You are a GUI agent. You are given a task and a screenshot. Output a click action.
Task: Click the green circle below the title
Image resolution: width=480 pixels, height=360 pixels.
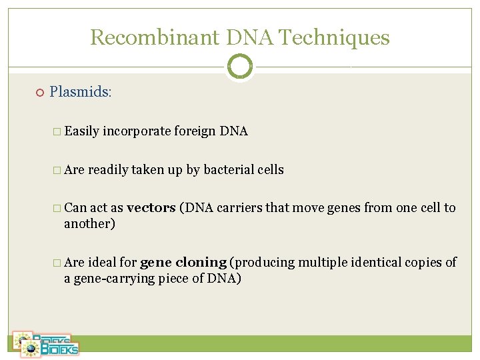[240, 67]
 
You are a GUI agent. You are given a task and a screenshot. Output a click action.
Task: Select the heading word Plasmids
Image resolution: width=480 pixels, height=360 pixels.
[81, 91]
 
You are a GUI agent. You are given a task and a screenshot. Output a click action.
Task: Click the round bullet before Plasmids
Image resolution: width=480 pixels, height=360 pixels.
[39, 92]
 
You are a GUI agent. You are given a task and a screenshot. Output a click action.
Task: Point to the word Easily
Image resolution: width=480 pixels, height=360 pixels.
[82, 131]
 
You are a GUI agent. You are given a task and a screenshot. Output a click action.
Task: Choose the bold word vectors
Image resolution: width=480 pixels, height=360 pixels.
[151, 208]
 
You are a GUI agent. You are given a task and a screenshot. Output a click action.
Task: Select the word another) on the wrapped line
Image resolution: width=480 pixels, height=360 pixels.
[89, 224]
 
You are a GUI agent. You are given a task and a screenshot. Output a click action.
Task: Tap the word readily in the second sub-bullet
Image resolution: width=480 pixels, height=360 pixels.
[108, 170]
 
